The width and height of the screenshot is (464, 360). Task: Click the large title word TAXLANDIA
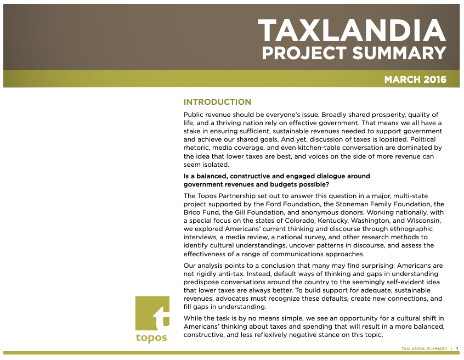(352, 30)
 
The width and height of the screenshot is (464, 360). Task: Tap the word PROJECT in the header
(304, 53)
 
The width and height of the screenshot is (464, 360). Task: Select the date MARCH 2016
(415, 80)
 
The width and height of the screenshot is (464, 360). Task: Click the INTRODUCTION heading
(217, 102)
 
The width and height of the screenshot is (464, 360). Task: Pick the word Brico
(192, 212)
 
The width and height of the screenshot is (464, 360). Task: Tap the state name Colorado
(300, 221)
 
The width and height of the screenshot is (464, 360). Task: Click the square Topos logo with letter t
(152, 313)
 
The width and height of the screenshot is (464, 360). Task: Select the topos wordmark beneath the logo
(151, 337)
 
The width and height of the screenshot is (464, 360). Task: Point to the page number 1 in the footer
(457, 349)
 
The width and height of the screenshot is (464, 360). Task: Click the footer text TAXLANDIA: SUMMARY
(425, 349)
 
